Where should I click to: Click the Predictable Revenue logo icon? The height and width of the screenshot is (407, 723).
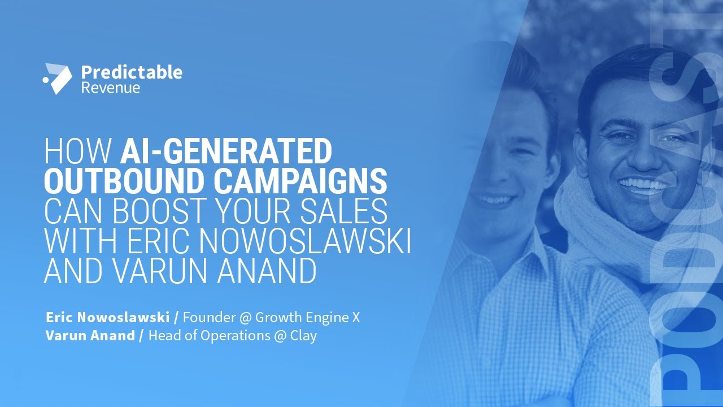58,79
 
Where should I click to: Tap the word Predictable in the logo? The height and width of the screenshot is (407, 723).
132,72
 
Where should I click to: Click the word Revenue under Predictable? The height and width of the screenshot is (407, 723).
110,88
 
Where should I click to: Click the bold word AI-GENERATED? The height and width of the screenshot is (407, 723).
226,152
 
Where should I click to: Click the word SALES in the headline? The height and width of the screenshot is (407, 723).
345,211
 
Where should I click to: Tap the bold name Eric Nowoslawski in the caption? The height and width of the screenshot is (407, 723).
107,318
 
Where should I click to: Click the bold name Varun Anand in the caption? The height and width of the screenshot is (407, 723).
90,335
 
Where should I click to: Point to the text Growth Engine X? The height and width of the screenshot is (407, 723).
307,318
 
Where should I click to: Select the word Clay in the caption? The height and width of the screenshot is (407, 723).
303,335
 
